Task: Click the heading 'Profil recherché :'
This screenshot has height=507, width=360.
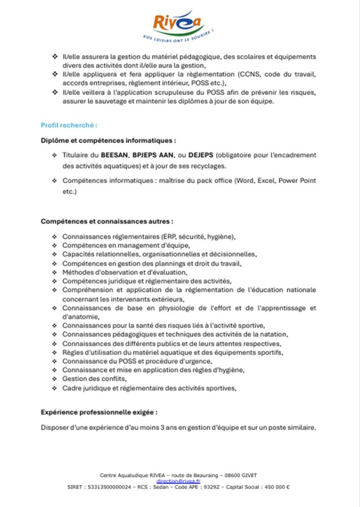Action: (x=62, y=126)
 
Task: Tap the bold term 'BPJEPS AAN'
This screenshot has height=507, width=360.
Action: (x=154, y=155)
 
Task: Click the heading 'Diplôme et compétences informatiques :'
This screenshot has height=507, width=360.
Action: (x=108, y=140)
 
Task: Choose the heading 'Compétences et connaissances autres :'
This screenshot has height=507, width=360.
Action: (x=107, y=221)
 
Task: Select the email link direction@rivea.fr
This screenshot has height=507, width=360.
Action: (x=178, y=480)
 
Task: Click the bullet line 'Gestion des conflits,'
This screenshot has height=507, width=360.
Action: (x=91, y=379)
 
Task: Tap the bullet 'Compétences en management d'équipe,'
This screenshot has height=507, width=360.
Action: (x=126, y=245)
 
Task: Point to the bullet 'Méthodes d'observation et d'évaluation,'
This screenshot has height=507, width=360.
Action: (x=125, y=272)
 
